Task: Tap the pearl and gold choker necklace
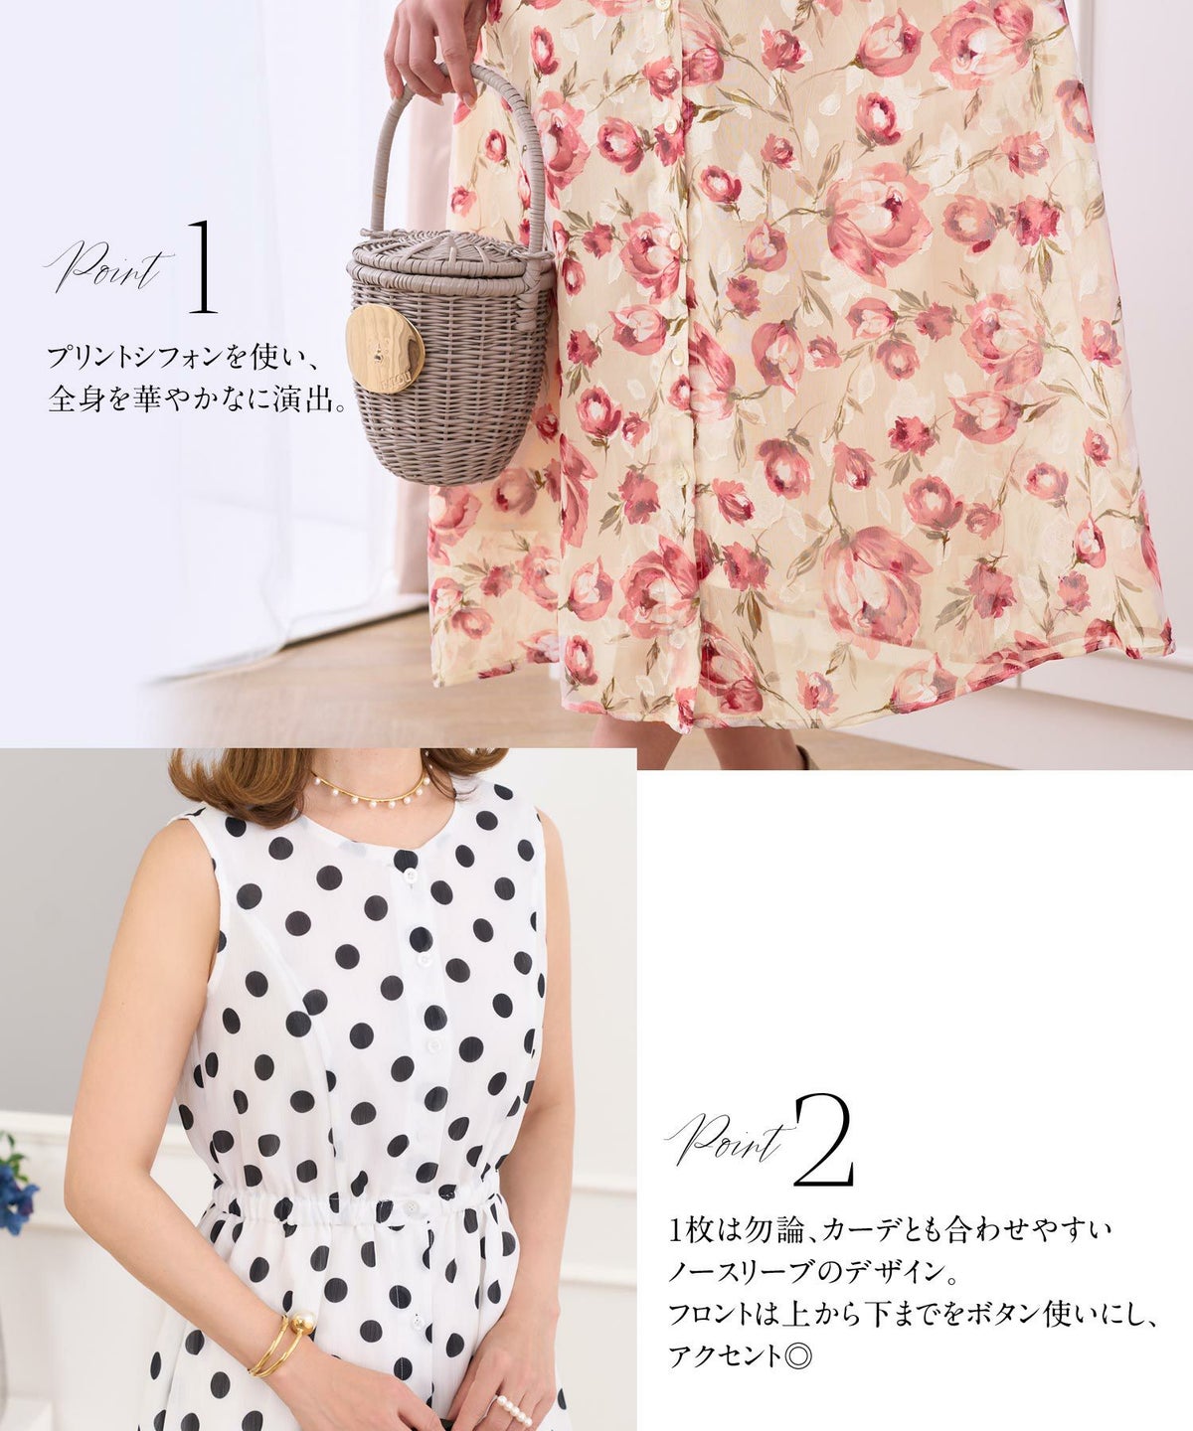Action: [368, 784]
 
